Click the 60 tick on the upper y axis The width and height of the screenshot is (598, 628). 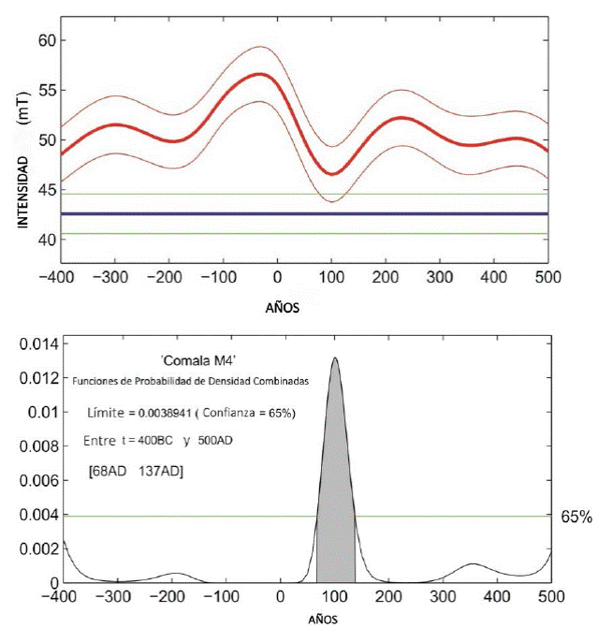[45, 40]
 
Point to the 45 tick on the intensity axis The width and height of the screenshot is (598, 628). [45, 190]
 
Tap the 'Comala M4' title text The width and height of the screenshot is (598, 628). [191, 360]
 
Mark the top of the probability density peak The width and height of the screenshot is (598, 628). [334, 358]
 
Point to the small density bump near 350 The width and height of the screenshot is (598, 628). [474, 564]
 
